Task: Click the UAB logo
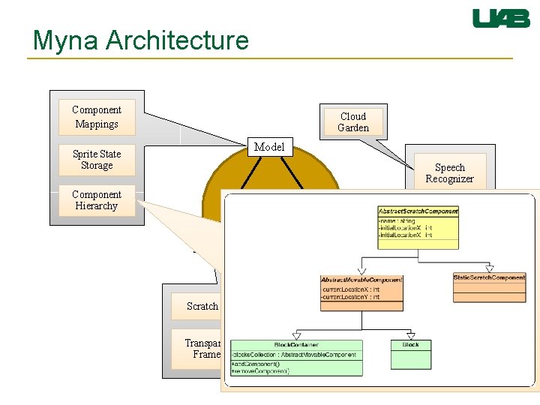(501, 19)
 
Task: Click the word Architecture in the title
(178, 40)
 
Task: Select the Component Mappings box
(97, 117)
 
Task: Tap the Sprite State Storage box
(97, 160)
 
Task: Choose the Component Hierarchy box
(97, 200)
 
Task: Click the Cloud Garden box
(353, 122)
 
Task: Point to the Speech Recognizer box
(449, 173)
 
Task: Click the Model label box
(269, 147)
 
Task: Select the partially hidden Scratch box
(202, 306)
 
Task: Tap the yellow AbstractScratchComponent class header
(418, 211)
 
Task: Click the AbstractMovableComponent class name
(361, 280)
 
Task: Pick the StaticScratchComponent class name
(489, 277)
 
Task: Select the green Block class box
(411, 354)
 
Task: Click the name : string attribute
(398, 220)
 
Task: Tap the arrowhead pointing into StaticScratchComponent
(490, 268)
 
